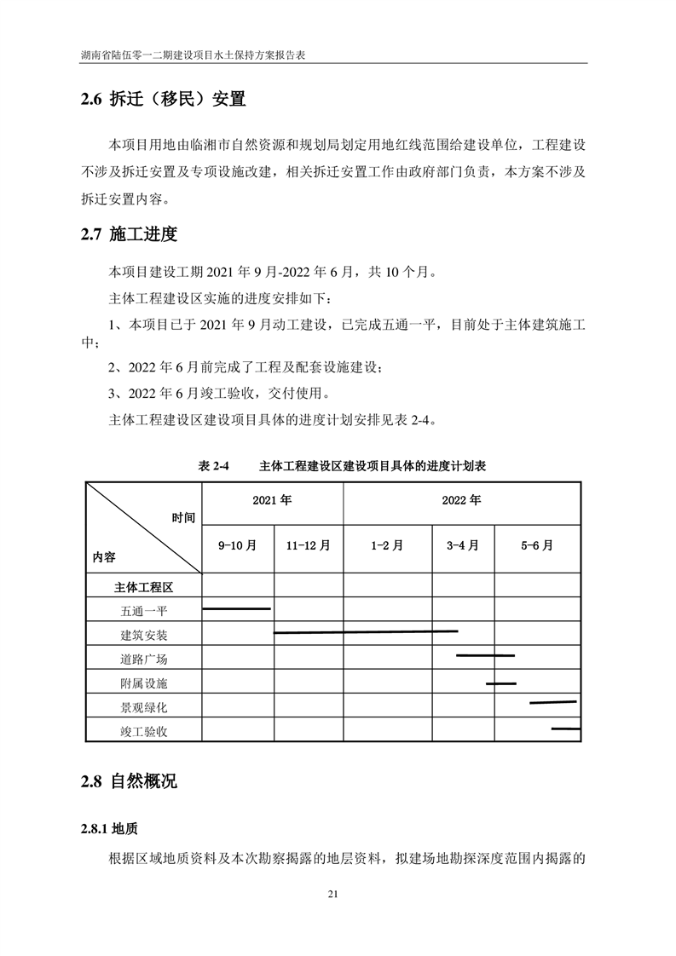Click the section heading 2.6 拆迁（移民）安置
point(163,101)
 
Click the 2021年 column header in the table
point(272,500)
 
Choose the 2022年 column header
point(461,500)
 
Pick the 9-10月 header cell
point(237,546)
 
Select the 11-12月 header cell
point(308,546)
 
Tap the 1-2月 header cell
point(387,546)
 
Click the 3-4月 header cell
point(463,546)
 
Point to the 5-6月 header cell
point(537,546)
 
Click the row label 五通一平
point(144,611)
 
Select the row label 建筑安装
point(144,635)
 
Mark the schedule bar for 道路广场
point(485,655)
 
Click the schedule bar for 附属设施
point(501,683)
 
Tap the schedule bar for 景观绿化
point(552,702)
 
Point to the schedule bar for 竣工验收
point(565,729)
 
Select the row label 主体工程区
point(144,587)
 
